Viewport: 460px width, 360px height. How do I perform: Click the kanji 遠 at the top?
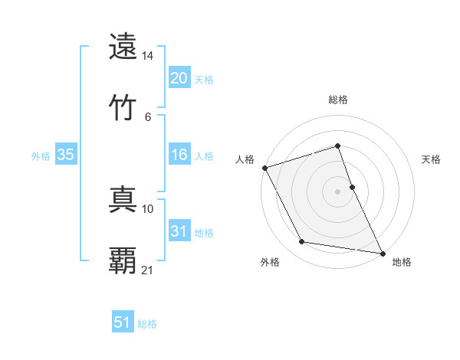[x=123, y=47]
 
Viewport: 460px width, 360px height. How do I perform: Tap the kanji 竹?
[x=123, y=106]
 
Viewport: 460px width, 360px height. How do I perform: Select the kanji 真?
[x=123, y=201]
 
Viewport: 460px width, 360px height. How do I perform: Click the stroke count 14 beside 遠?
[x=148, y=57]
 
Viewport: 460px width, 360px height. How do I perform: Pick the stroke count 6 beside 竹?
[x=148, y=116]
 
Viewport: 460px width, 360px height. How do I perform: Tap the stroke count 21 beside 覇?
[x=148, y=270]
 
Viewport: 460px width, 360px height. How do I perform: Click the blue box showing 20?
[x=179, y=78]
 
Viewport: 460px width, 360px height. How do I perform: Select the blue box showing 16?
[x=179, y=155]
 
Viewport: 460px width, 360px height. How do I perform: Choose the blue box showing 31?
[x=179, y=231]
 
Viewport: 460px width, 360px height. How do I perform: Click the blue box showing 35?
[x=66, y=155]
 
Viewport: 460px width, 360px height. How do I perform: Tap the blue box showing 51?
[x=123, y=322]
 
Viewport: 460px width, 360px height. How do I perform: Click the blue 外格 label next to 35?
[x=41, y=155]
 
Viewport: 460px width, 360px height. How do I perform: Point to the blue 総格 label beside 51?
[x=147, y=324]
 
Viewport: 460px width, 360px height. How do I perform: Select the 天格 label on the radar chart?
[x=432, y=159]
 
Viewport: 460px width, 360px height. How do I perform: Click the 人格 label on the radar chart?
[x=245, y=159]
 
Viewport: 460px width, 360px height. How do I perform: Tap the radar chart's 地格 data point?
[x=382, y=253]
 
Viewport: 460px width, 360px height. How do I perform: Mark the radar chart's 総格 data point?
[x=337, y=146]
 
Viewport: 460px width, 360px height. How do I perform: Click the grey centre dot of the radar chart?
[x=337, y=191]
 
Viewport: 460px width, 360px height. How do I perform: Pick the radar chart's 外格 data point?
[x=302, y=243]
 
